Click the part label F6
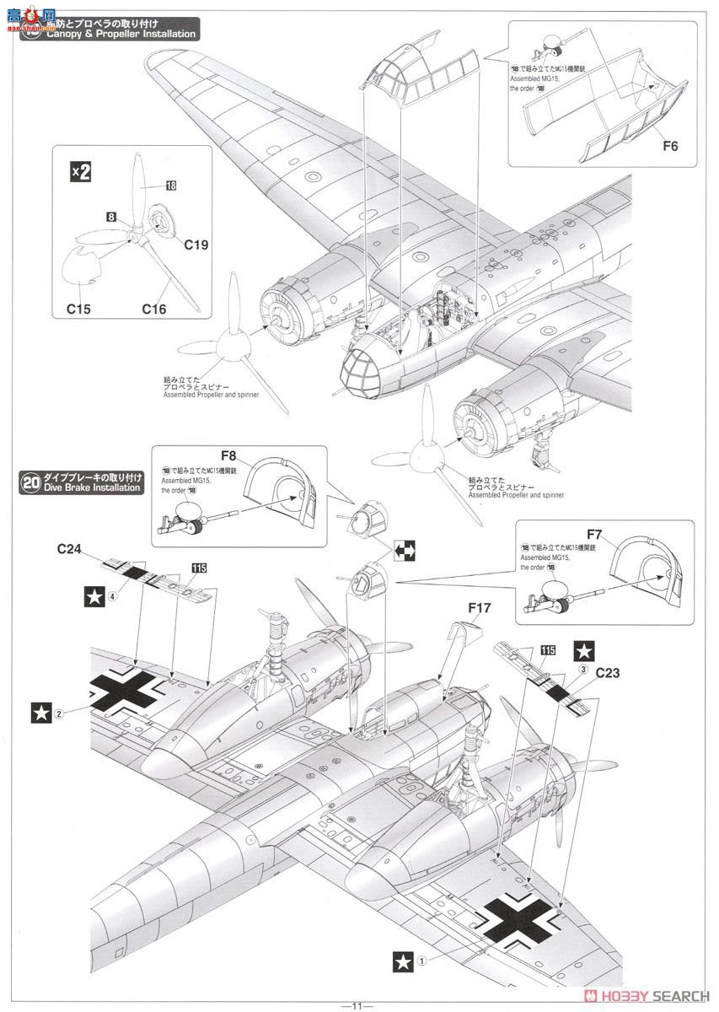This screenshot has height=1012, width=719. [x=670, y=145]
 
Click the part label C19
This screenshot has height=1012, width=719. [x=196, y=245]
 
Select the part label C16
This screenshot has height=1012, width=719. [x=153, y=310]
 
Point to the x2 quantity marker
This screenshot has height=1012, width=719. [x=80, y=172]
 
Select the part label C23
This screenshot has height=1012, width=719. [x=609, y=673]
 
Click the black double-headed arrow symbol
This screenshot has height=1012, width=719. [x=406, y=551]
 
